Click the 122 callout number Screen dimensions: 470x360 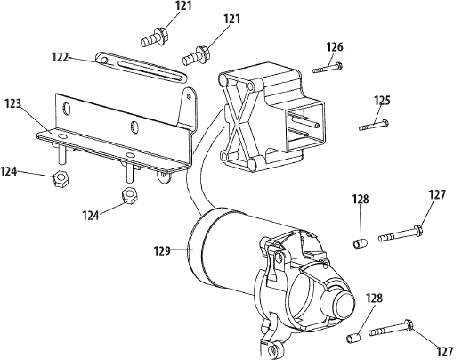pos(60,57)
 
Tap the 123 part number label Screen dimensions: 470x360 pos(13,103)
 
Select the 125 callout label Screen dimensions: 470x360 pos(382,101)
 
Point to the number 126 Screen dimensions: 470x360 pos(334,47)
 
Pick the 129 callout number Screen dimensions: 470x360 pos(162,251)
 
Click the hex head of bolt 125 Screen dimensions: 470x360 pos(385,122)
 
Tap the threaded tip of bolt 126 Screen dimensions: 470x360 pos(316,70)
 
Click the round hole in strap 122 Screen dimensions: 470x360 pos(104,61)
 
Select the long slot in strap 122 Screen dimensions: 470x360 pos(150,70)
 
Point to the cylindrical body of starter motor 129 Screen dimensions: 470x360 pos(228,252)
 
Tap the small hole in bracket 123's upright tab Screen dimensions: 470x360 pos(189,96)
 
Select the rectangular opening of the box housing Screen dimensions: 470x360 pos(305,125)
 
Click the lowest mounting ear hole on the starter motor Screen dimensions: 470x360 pos(271,348)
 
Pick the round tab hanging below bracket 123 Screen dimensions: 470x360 pos(165,176)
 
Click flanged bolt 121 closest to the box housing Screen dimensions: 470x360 pos(197,56)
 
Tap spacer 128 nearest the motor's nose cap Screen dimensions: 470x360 pos(353,338)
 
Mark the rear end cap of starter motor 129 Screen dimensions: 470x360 pos(197,246)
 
